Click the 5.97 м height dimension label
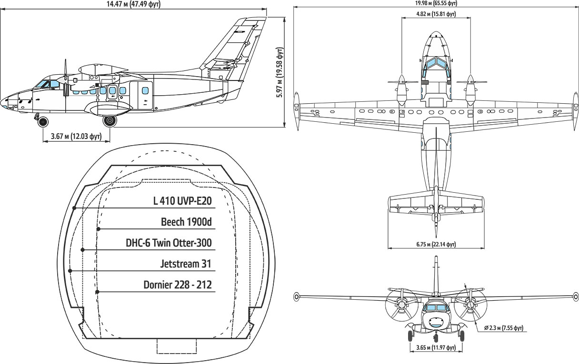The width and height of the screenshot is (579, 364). (280, 72)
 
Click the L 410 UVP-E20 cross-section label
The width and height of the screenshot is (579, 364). (182, 201)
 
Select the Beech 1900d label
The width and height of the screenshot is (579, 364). (186, 222)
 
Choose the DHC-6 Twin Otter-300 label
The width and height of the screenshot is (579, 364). (169, 243)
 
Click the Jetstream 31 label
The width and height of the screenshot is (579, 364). (186, 264)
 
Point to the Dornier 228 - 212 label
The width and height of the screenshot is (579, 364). (177, 285)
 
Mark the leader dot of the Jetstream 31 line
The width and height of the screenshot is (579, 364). (70, 271)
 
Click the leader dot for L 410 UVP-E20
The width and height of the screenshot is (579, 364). (74, 208)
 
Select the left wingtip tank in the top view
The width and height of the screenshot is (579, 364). (296, 111)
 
